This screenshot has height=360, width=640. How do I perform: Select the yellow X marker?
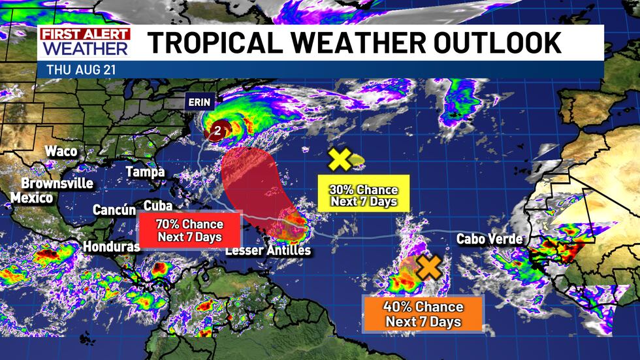(340, 159)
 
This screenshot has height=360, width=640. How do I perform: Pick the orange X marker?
(429, 267)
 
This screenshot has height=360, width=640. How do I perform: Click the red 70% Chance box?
(189, 230)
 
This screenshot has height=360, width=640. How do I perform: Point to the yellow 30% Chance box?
(363, 195)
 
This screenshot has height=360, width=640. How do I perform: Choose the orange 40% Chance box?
(423, 314)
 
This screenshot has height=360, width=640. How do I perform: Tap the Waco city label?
(61, 152)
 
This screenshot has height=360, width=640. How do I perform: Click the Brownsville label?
(57, 183)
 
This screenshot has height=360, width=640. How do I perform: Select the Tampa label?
(145, 172)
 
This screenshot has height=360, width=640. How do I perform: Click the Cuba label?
(157, 205)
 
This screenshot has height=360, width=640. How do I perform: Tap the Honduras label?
(111, 247)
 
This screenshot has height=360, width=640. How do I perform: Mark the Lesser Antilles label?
(268, 251)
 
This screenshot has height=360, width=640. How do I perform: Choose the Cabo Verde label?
(489, 239)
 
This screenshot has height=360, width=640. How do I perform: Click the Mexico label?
(31, 197)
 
